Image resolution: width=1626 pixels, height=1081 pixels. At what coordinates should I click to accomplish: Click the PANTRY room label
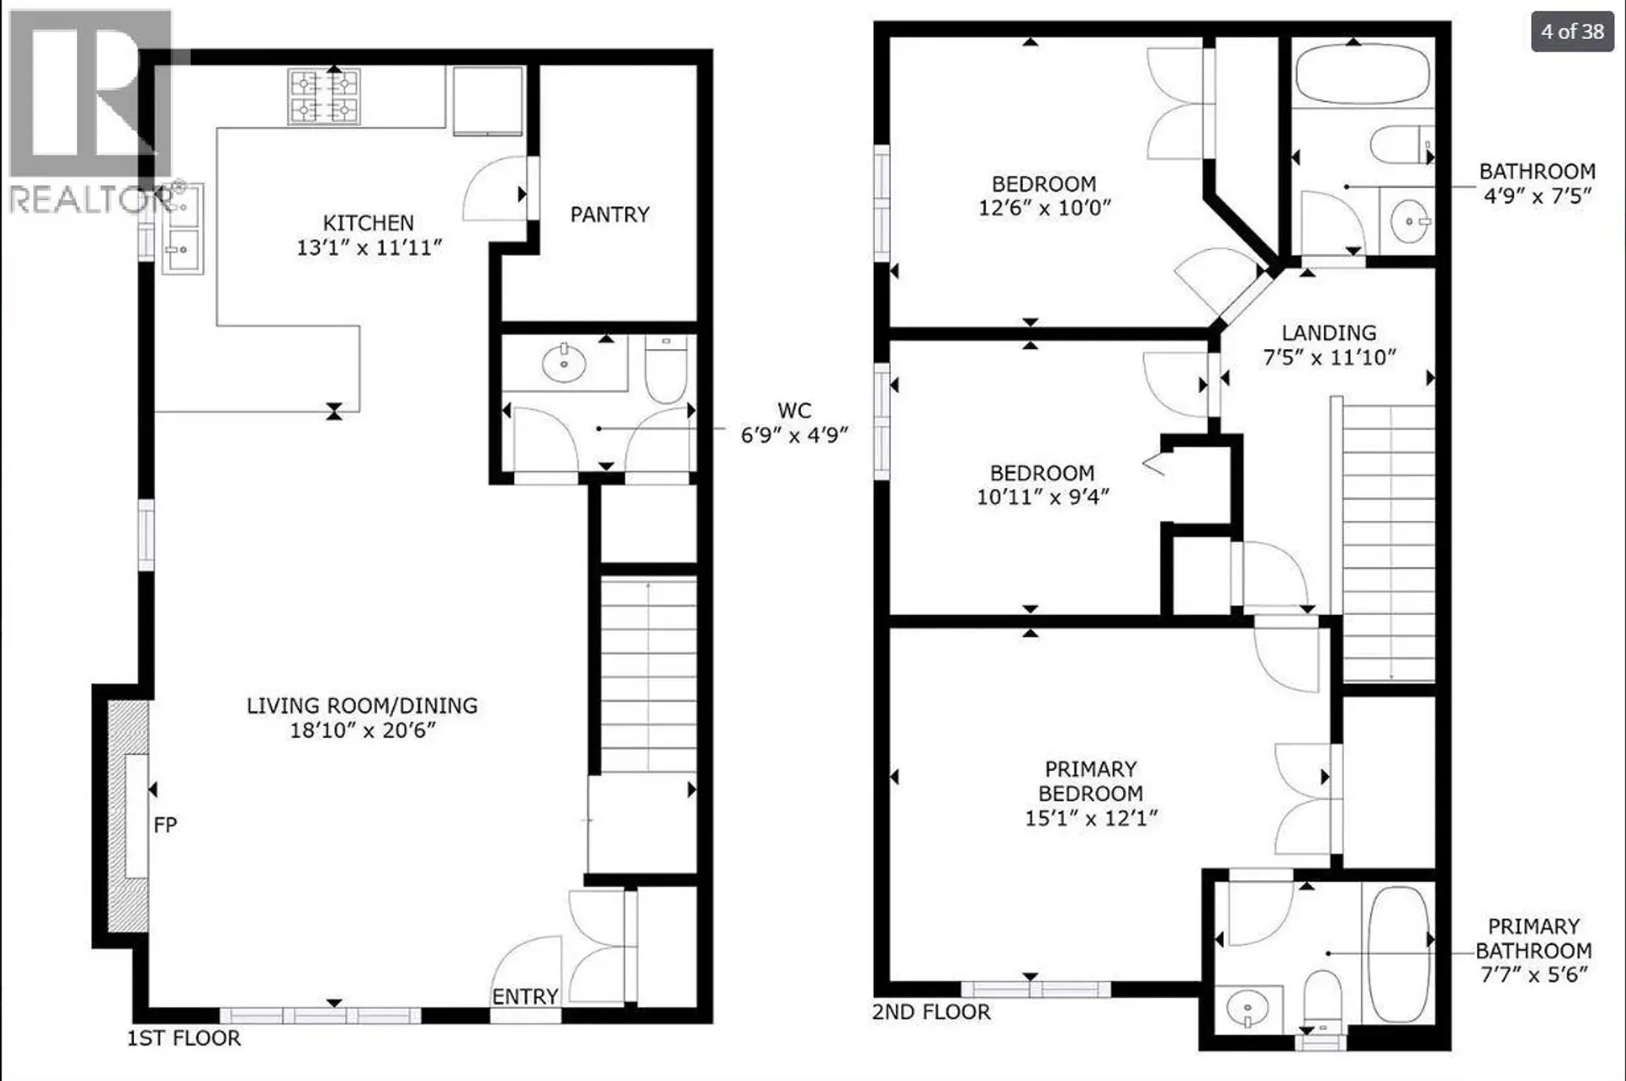pos(610,214)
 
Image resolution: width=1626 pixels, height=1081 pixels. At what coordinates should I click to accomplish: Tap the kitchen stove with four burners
pos(324,97)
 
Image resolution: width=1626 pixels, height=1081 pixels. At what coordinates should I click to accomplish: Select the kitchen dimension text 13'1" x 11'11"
pos(368,247)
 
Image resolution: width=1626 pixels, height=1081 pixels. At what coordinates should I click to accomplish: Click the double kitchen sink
pos(182,229)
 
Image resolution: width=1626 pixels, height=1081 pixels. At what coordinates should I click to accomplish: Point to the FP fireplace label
pos(165,824)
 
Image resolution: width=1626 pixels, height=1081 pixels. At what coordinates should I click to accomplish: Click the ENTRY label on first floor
pos(524,996)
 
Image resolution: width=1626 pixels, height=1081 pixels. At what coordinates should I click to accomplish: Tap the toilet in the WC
pos(666,369)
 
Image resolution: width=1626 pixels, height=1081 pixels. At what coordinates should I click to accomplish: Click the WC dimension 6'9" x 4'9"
pos(794,435)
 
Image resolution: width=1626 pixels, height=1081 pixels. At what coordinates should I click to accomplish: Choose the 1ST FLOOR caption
pos(184,1038)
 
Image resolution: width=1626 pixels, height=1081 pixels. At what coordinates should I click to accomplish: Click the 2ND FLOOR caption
pos(931,1012)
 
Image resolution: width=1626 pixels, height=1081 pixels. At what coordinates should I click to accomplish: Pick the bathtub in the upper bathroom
pos(1362,73)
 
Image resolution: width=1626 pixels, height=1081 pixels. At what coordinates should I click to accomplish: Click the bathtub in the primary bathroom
pos(1398,953)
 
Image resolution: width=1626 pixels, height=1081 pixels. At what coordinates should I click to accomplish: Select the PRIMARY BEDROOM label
pos(1090,781)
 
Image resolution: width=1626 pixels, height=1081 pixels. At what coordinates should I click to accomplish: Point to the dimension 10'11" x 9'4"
pos(1043,496)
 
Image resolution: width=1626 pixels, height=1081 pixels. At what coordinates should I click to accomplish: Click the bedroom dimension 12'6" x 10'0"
pos(1043,208)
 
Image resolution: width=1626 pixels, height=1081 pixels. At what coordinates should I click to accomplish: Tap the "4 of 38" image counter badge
pos(1572,31)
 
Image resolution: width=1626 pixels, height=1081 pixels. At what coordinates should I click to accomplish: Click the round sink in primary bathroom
pos(1247,1008)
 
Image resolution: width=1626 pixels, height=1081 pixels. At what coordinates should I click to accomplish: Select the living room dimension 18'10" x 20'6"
pos(362,730)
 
